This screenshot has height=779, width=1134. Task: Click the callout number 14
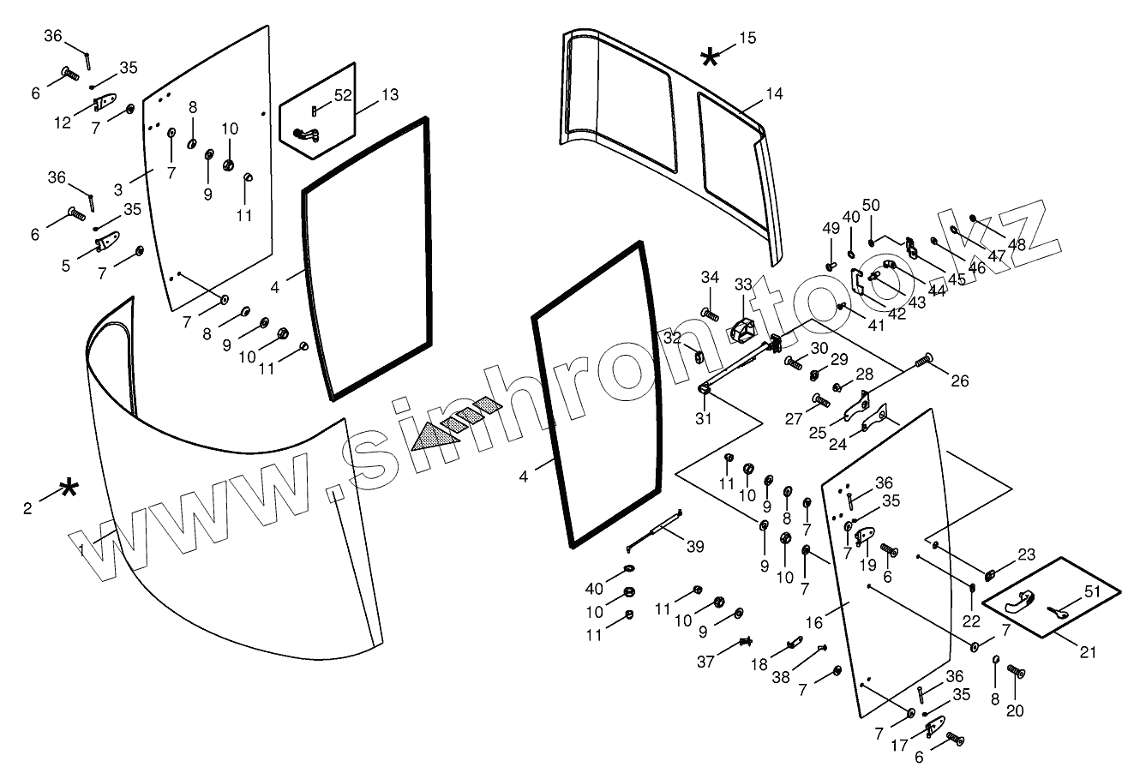(774, 93)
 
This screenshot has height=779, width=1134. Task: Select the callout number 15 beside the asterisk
(747, 38)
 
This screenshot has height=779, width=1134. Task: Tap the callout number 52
(343, 95)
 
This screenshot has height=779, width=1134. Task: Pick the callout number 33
(742, 284)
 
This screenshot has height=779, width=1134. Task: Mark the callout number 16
(813, 621)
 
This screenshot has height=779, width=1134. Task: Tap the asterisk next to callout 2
(69, 490)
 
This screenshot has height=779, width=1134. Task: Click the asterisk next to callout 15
(711, 57)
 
